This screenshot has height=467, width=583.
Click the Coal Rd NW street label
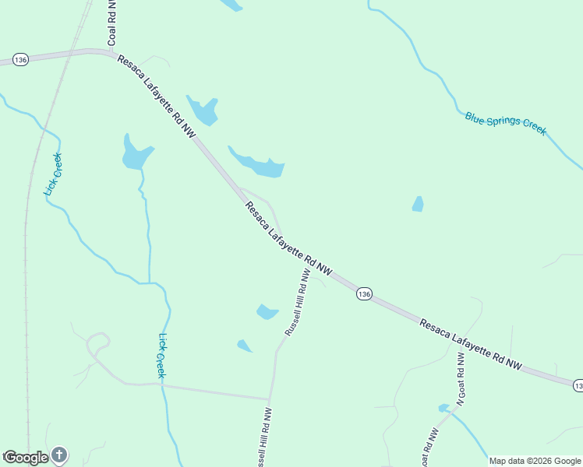[112, 22]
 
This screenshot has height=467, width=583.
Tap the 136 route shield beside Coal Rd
[21, 60]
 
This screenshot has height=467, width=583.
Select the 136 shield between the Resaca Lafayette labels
[364, 293]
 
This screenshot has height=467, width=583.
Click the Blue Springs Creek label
[506, 123]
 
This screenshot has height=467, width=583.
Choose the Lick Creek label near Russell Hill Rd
[162, 356]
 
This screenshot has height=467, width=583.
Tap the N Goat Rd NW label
[461, 379]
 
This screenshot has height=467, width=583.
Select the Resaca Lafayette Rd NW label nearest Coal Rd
[157, 97]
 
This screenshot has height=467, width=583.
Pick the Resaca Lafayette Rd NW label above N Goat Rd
[470, 343]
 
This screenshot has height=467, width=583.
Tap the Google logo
[26, 458]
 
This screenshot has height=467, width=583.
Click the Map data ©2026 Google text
[535, 461]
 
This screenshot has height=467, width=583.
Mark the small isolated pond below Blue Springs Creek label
[418, 204]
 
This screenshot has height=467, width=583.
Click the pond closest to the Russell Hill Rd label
[267, 312]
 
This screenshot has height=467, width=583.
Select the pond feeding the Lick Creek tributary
[136, 154]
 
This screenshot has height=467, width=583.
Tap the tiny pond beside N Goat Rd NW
[444, 408]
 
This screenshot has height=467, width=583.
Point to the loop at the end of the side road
[98, 340]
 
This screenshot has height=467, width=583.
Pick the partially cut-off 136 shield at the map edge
[578, 385]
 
